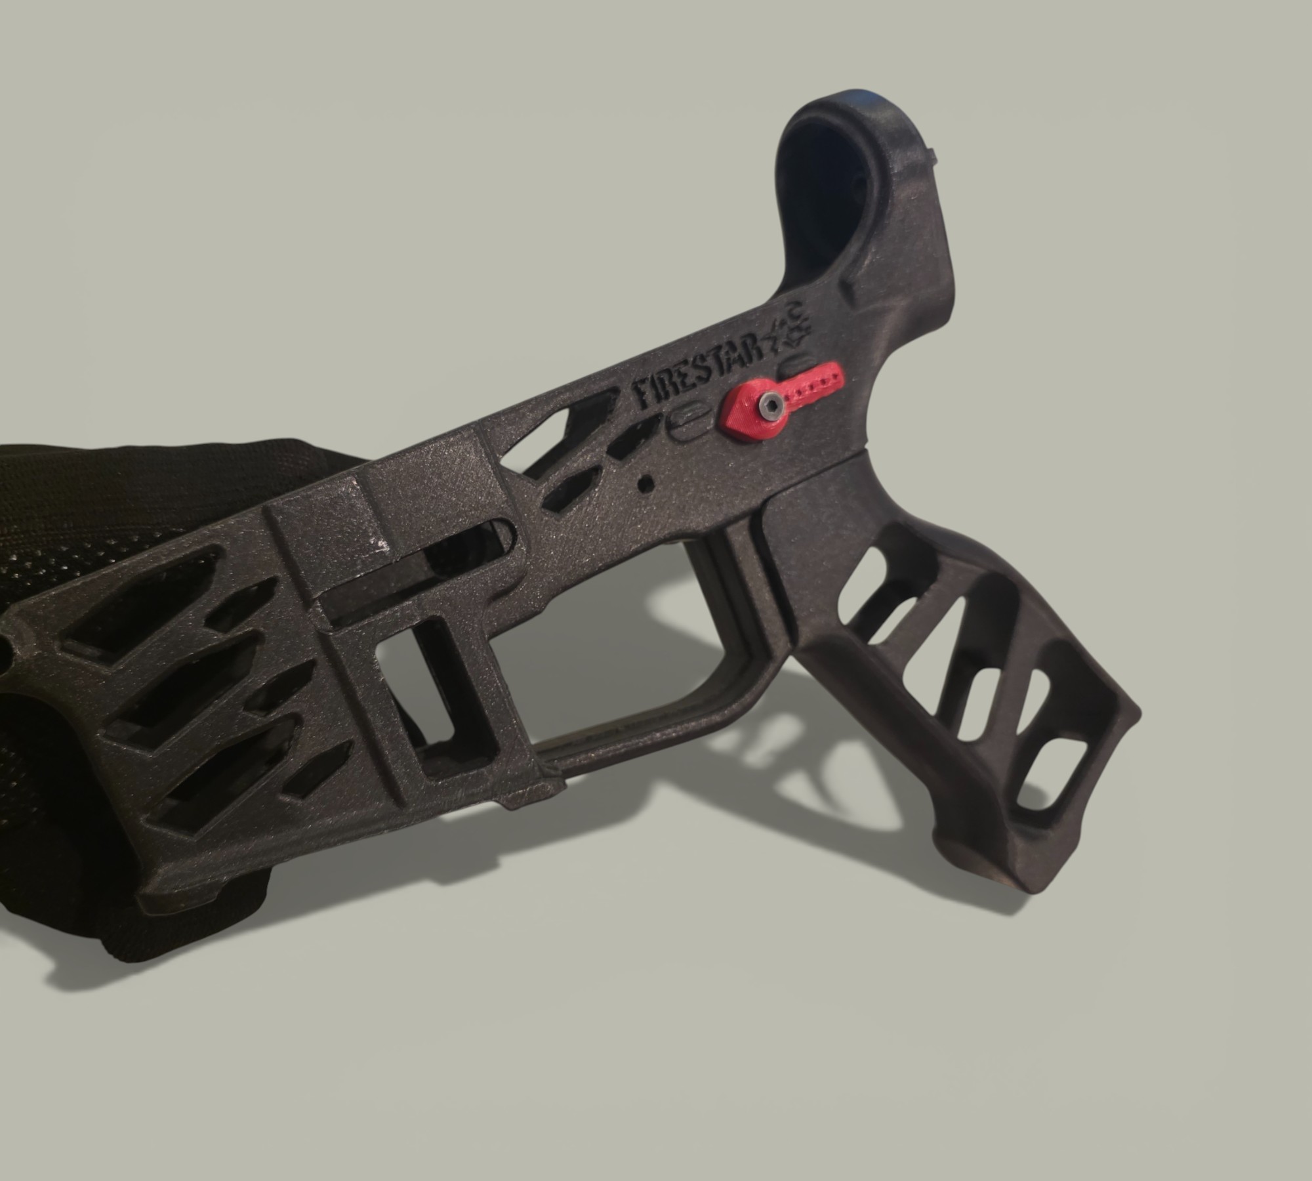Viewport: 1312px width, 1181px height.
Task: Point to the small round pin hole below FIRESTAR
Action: pyautogui.click(x=646, y=482)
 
